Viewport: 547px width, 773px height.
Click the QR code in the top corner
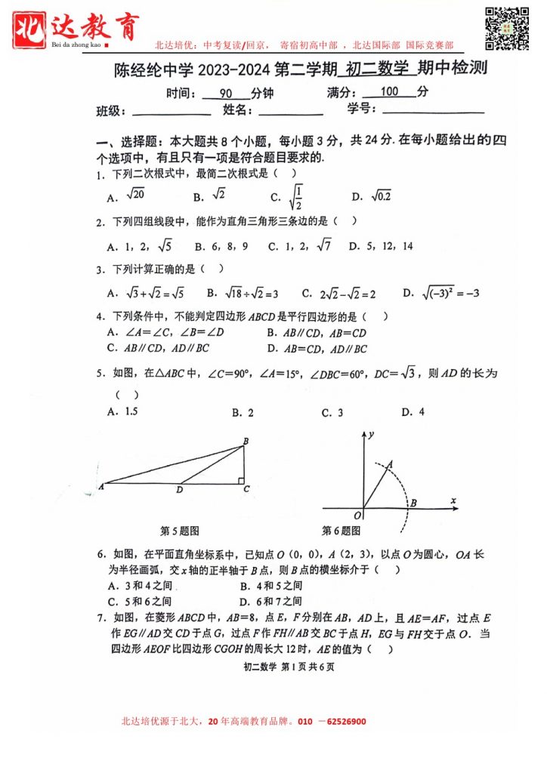coord(505,27)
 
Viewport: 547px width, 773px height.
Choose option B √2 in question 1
coord(211,196)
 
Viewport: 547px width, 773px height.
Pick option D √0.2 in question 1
coord(372,196)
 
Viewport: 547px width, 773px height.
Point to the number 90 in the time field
coord(225,93)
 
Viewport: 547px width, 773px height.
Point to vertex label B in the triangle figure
coord(246,441)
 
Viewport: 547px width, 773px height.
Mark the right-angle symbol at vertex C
coord(240,479)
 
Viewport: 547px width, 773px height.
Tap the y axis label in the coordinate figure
coord(372,434)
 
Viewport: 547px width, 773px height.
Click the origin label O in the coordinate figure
coord(357,515)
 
